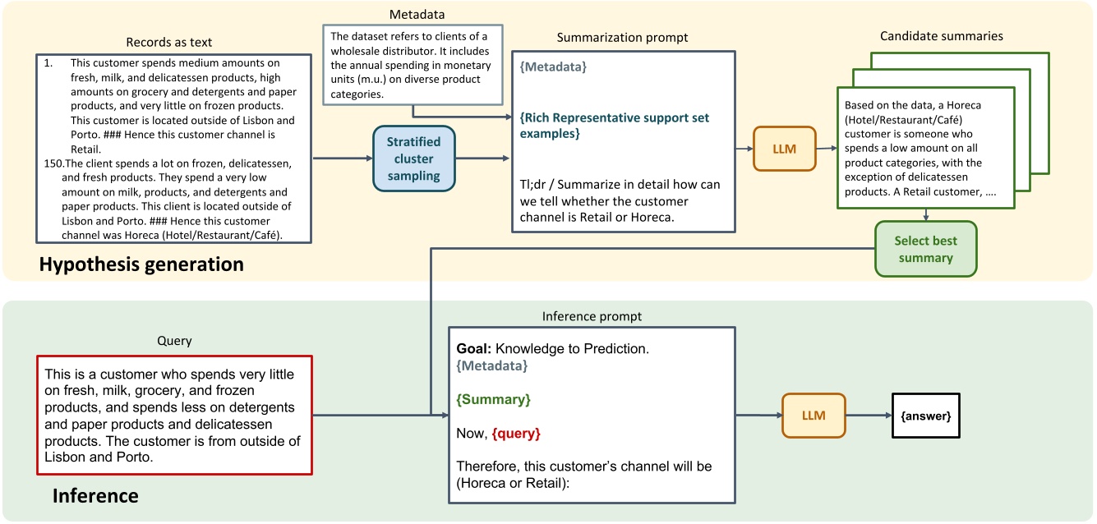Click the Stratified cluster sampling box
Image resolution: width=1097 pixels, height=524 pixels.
(413, 159)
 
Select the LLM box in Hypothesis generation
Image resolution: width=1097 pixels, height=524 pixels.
(784, 149)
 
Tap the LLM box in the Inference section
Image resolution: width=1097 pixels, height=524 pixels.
(813, 416)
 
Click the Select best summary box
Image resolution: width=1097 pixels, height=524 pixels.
(925, 249)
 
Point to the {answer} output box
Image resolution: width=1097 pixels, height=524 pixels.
(925, 416)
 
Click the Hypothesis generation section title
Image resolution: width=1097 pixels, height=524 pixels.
(141, 264)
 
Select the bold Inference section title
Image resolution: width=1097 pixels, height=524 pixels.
(95, 496)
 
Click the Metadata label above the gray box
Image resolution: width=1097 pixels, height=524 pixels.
(412, 14)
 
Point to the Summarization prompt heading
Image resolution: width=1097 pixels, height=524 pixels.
(622, 38)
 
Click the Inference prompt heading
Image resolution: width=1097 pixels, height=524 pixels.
(592, 316)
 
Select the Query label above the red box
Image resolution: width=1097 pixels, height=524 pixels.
(173, 339)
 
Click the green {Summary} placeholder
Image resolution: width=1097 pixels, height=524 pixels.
(493, 399)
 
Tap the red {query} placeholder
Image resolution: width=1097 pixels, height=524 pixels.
(516, 433)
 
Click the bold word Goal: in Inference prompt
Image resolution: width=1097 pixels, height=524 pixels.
(473, 349)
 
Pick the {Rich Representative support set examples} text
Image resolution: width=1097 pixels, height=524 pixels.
(614, 125)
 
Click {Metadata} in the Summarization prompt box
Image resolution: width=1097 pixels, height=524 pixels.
(555, 67)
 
